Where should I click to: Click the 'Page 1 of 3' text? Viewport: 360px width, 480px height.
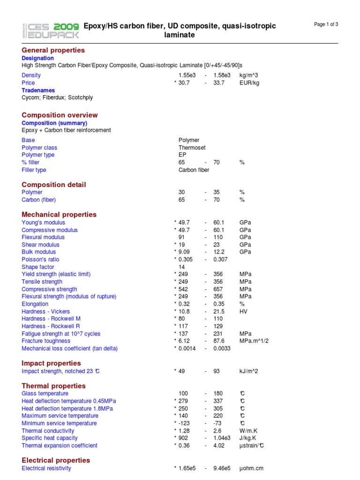click(x=326, y=25)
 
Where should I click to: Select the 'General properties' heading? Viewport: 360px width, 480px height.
click(x=53, y=50)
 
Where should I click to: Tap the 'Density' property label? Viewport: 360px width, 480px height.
click(x=31, y=75)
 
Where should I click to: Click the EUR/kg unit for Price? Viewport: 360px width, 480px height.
click(x=249, y=83)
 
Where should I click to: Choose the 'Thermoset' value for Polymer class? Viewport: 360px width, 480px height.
click(x=192, y=148)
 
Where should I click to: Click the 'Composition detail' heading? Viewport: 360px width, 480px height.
click(x=54, y=185)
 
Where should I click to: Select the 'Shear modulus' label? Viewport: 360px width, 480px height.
click(x=40, y=245)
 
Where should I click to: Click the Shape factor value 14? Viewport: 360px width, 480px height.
click(x=182, y=267)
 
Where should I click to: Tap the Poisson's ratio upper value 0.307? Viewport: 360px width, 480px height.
click(x=220, y=260)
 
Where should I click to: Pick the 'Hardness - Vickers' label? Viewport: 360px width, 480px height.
click(x=45, y=312)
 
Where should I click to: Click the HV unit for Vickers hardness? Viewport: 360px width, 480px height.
click(x=243, y=312)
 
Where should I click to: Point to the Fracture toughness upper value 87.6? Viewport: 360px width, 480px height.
click(x=218, y=341)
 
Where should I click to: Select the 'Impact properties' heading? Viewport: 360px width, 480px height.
click(x=51, y=363)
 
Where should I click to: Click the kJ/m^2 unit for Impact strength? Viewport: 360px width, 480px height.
click(x=248, y=371)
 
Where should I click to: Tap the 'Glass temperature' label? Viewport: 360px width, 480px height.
click(x=45, y=394)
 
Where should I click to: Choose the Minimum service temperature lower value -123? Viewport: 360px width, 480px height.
click(x=183, y=423)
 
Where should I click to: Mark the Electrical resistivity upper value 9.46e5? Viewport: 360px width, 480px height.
click(x=222, y=468)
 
